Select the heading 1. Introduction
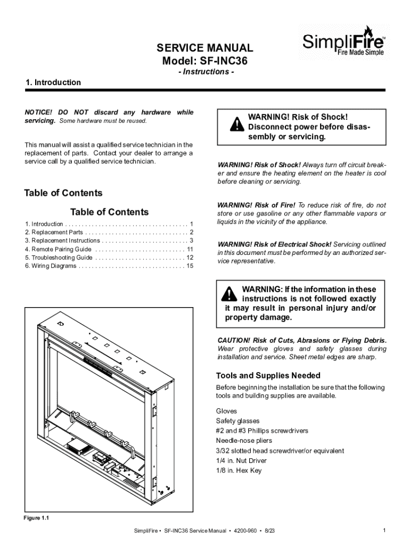pos(53,82)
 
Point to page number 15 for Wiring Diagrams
pos(190,266)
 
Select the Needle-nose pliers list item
pos(244,441)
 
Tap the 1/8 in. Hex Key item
pos(239,470)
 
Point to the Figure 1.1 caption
pos(37,517)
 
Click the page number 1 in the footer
pos(383,531)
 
